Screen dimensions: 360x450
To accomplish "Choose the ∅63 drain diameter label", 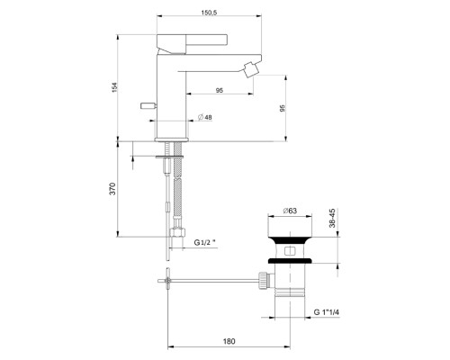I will coord(290,211).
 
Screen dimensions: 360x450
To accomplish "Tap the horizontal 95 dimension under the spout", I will coord(220,89).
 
